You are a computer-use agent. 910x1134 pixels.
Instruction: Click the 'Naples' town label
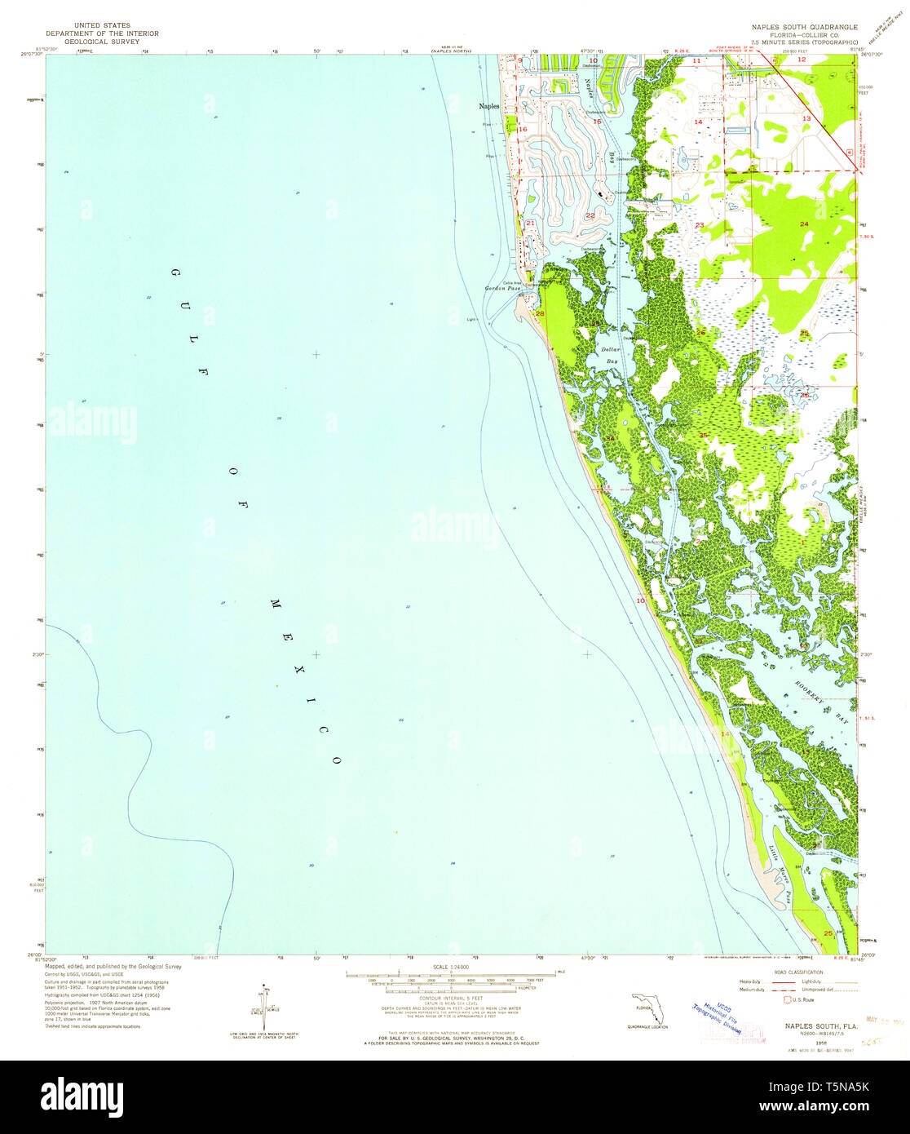(x=488, y=106)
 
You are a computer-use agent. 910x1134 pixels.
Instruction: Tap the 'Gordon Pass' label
(x=502, y=289)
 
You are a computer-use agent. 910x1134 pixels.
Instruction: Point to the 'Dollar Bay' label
(x=611, y=355)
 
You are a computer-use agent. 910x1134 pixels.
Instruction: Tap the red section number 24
(x=804, y=224)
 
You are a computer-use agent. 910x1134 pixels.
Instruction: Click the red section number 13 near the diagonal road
(x=806, y=119)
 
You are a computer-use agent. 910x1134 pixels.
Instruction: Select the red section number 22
(x=590, y=215)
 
